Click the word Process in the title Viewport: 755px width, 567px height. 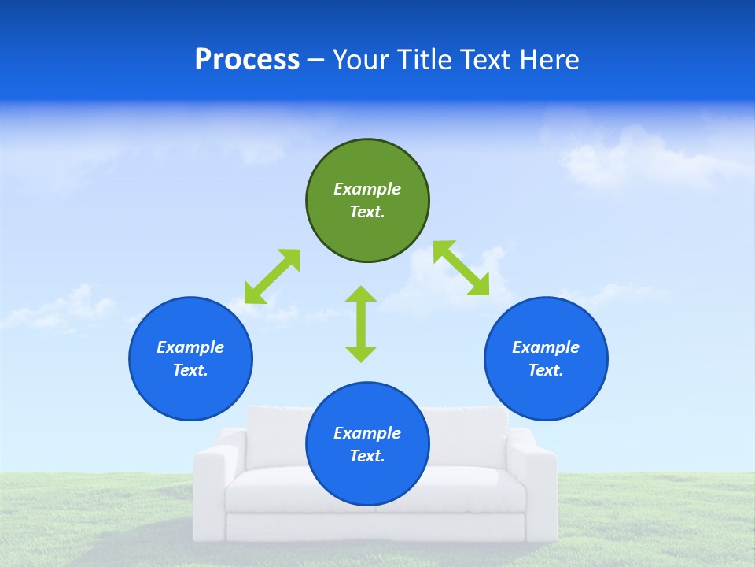[247, 60]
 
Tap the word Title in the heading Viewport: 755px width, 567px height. [422, 60]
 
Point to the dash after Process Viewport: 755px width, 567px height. [315, 61]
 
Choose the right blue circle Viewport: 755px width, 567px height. [546, 390]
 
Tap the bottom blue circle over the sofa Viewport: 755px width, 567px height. [367, 480]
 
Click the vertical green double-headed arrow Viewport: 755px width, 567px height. [361, 324]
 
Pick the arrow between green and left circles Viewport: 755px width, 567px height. [272, 276]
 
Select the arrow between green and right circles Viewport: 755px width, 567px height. [462, 268]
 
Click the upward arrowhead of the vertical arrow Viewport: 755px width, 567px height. [361, 295]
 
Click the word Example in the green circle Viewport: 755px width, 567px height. [367, 189]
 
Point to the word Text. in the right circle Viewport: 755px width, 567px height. [546, 370]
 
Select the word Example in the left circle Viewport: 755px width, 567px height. [190, 347]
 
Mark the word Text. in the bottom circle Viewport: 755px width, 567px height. [367, 456]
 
